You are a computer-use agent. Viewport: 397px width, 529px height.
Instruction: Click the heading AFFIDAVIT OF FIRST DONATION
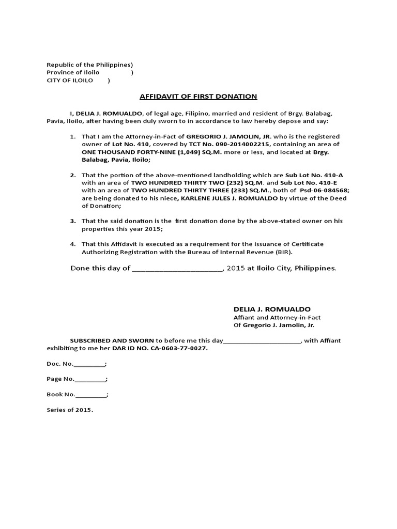(x=198, y=97)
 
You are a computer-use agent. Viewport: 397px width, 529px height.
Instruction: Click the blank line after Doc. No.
(x=89, y=365)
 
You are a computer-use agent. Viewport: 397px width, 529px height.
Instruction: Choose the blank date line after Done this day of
(x=177, y=269)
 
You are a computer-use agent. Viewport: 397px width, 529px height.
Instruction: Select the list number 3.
(x=73, y=221)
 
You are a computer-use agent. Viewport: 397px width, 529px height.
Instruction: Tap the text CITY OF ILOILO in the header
(x=70, y=81)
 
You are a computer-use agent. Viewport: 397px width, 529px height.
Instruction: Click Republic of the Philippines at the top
(x=88, y=65)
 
